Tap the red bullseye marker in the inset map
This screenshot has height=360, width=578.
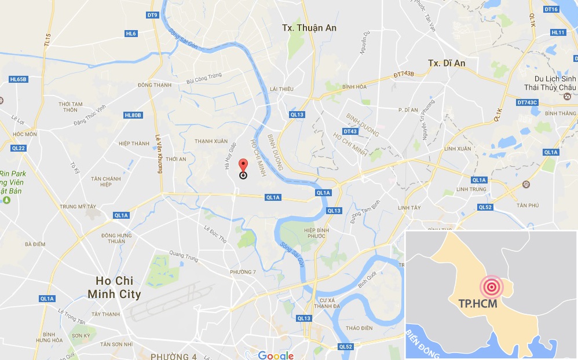(491, 286)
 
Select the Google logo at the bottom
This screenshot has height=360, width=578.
(276, 355)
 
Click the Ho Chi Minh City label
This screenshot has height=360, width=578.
(114, 287)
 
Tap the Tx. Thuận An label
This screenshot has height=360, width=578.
(309, 28)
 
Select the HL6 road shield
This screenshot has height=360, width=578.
(131, 34)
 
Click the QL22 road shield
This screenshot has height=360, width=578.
(18, 148)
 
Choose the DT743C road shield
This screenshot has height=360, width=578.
(527, 102)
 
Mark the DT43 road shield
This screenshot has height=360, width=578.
(350, 131)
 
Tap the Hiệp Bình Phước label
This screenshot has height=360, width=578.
(317, 234)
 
